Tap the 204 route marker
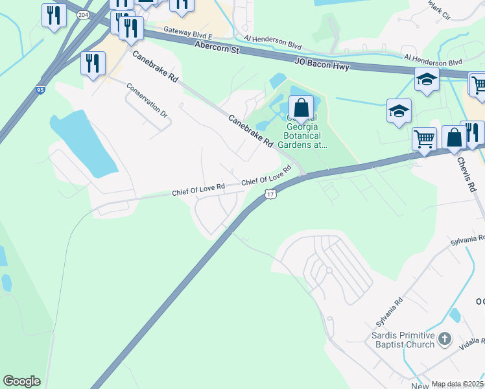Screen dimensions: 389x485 (x=84, y=15)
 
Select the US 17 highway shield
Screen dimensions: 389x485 (x=270, y=194)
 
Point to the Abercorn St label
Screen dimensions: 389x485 (x=217, y=47)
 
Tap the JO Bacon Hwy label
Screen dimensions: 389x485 (x=322, y=65)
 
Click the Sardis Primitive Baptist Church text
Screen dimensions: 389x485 (x=403, y=340)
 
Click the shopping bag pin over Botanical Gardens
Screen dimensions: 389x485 (x=301, y=107)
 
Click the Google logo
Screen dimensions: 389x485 (x=21, y=381)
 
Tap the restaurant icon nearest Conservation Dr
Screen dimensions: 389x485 (x=93, y=64)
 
